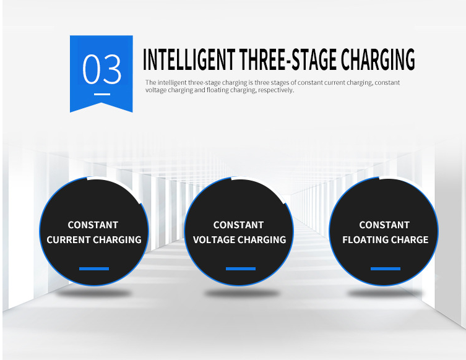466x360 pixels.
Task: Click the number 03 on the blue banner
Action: click(101, 69)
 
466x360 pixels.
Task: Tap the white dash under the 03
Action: click(102, 94)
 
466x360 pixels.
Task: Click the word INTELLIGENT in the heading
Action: click(189, 59)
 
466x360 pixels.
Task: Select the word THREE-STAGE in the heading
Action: click(288, 59)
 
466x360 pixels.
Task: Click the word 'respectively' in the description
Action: click(276, 90)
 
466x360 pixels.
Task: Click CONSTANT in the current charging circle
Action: click(93, 225)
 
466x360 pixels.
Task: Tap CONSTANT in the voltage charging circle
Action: click(238, 225)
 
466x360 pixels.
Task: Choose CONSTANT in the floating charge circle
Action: click(384, 225)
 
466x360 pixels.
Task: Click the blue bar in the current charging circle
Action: click(94, 269)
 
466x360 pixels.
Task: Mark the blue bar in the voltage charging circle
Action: click(241, 269)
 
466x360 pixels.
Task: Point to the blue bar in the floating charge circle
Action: click(386, 269)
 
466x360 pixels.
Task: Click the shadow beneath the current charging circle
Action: click(94, 294)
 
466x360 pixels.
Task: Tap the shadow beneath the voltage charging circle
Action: click(241, 294)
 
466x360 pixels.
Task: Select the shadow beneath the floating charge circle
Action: click(385, 294)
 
